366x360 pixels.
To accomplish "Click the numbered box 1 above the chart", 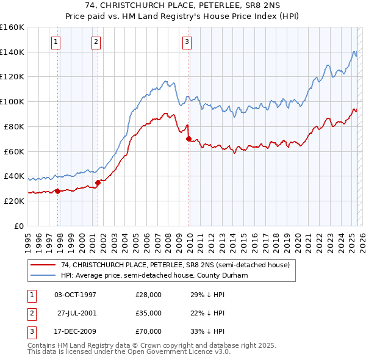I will click(x=56, y=42).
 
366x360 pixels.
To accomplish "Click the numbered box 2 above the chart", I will click(x=96, y=42).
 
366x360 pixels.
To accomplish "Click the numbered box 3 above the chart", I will click(x=187, y=42).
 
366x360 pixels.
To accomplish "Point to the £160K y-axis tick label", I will click(x=12, y=27).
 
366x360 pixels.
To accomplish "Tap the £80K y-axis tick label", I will click(x=14, y=126).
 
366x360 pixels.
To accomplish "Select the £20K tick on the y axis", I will click(x=14, y=201).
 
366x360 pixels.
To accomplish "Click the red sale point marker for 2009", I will click(x=188, y=139).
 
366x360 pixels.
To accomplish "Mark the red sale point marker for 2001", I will click(x=98, y=182).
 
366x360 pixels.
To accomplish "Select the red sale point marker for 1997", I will click(x=57, y=191).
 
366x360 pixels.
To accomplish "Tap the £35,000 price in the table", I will click(x=148, y=313).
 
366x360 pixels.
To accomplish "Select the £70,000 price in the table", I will click(x=148, y=331).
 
